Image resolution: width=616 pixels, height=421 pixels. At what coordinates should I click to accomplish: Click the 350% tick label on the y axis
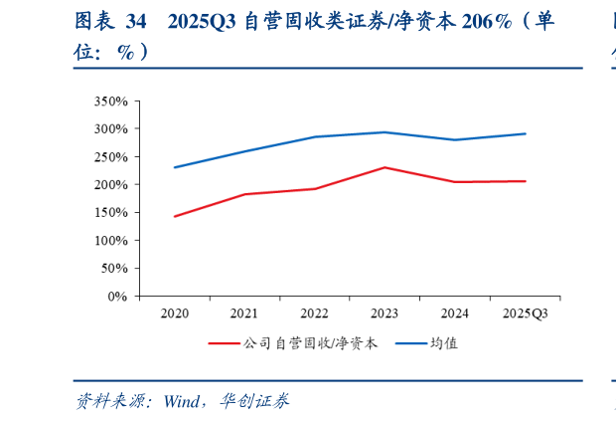(x=110, y=102)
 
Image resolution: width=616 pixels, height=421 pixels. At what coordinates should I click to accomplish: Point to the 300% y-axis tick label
(x=110, y=129)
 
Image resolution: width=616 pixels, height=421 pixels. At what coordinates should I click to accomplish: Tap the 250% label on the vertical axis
(x=110, y=157)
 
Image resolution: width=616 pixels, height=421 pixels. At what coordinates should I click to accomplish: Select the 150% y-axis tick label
(x=110, y=213)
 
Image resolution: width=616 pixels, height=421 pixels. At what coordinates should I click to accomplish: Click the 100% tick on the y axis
(x=110, y=241)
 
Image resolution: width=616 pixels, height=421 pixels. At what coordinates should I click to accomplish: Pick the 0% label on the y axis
(x=117, y=297)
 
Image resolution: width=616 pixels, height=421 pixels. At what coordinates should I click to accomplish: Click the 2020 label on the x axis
(x=175, y=314)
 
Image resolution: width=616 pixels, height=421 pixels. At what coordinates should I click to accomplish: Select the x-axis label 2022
(x=315, y=314)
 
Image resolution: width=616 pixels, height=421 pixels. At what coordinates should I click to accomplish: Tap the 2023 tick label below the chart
(x=385, y=314)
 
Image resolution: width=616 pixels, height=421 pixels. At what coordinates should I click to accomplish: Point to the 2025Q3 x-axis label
(x=525, y=314)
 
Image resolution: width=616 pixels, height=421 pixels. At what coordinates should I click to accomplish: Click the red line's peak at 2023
(x=385, y=167)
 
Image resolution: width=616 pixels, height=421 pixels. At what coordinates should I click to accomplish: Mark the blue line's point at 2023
(x=385, y=132)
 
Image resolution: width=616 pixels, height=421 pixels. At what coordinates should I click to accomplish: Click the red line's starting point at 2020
(x=175, y=216)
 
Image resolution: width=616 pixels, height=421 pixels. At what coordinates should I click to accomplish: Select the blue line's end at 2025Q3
(x=525, y=133)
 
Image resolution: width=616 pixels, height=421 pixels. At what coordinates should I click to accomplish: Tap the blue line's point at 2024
(x=455, y=139)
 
